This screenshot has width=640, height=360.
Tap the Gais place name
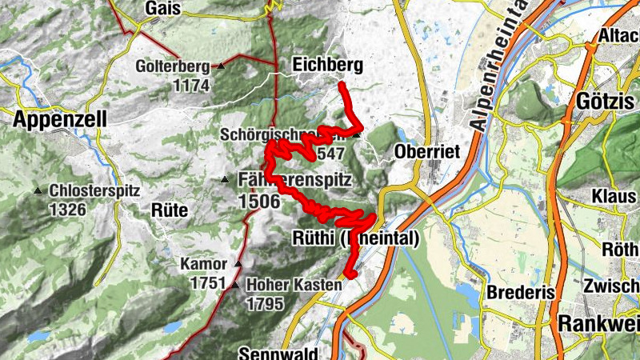click(163, 8)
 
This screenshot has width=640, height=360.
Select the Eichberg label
click(327, 64)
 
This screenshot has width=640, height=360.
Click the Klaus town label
click(614, 196)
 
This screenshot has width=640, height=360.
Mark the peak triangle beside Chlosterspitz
click(38, 191)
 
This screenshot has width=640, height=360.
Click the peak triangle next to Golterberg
click(221, 66)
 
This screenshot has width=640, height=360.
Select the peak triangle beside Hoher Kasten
click(234, 284)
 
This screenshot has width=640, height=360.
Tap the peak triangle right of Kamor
click(238, 263)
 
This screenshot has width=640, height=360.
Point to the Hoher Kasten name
click(294, 284)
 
